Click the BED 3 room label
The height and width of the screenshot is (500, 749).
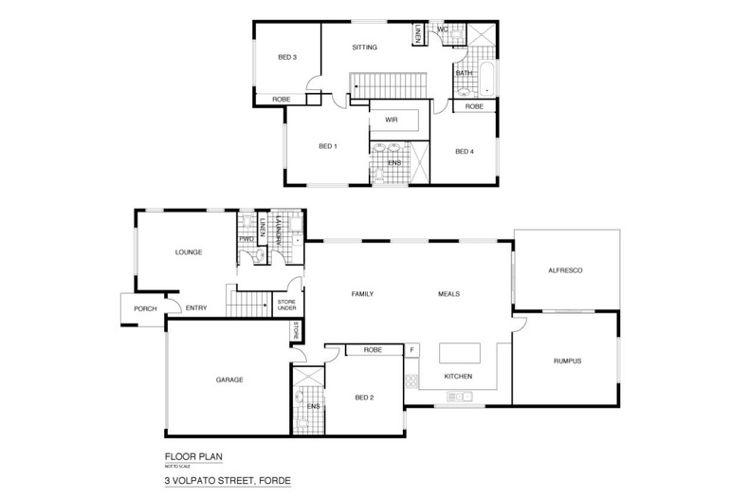[287, 58]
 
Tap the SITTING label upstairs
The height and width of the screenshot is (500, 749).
[365, 46]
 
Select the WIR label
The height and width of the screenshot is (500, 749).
[390, 120]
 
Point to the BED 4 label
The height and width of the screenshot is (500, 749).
[464, 152]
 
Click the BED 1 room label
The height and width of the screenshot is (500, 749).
[328, 146]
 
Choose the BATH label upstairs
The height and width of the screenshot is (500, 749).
[464, 73]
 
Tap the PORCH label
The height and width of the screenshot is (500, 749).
[145, 307]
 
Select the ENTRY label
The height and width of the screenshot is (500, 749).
[196, 307]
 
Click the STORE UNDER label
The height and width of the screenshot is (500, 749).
[286, 305]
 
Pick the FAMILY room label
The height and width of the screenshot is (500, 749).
[363, 294]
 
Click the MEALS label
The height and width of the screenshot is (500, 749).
[449, 294]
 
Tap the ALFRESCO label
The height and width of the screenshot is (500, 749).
[565, 271]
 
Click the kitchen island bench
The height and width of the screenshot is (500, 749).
[460, 353]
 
